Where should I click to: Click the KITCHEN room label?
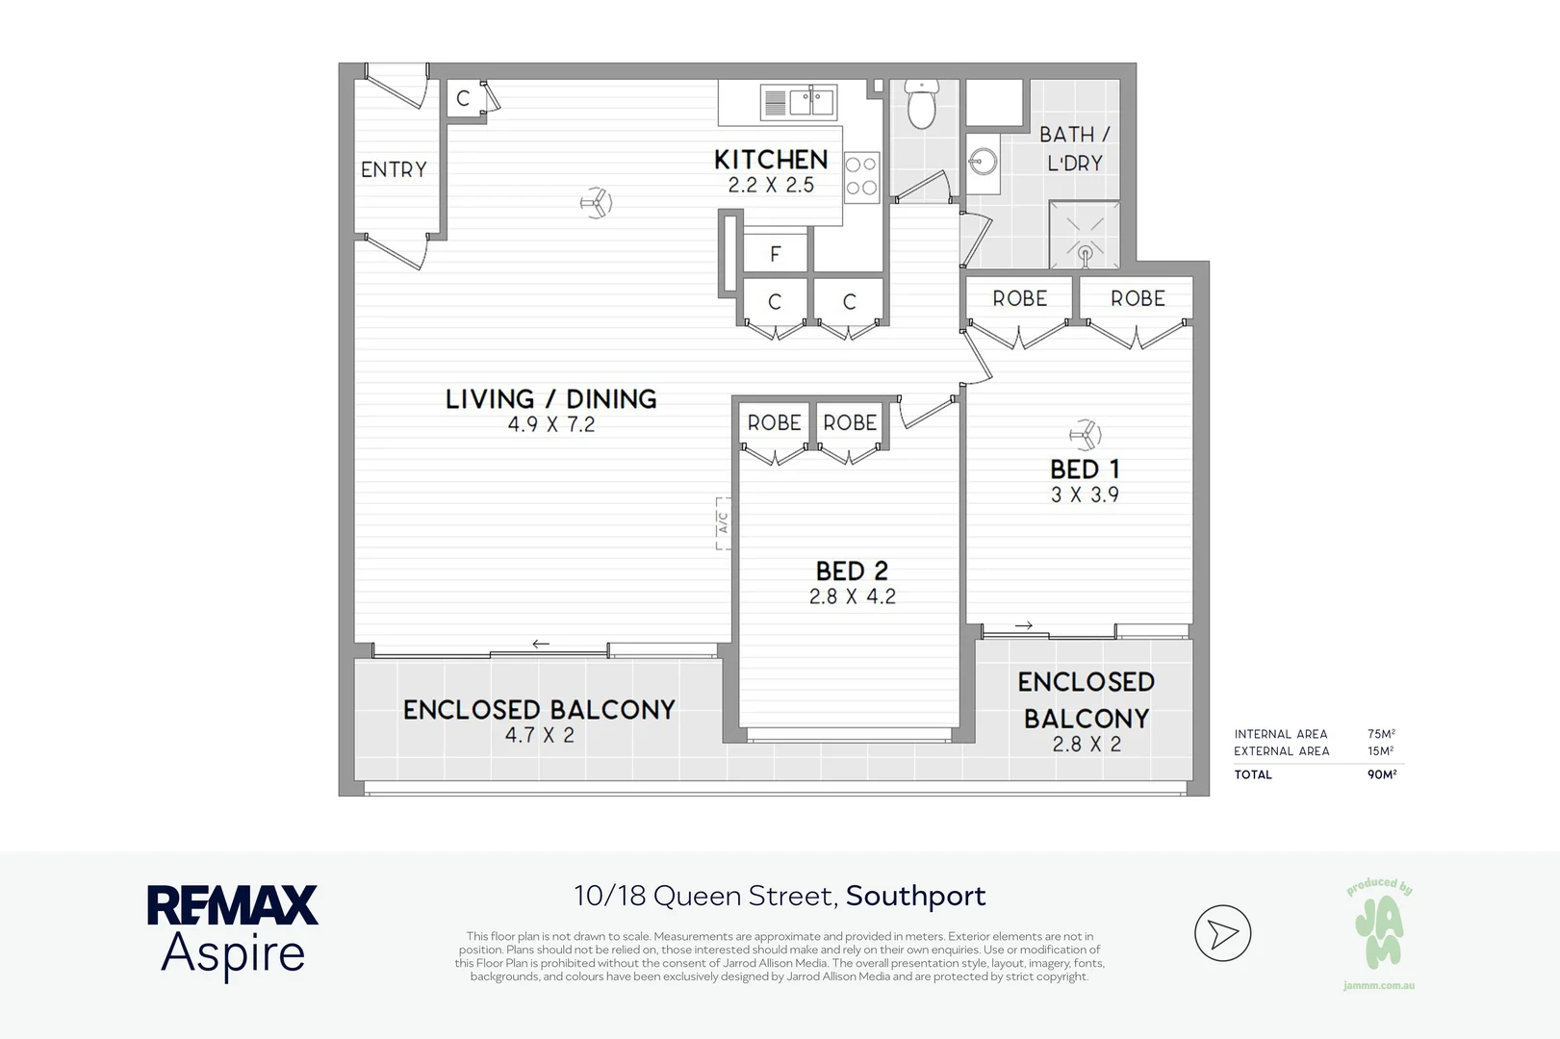[771, 160]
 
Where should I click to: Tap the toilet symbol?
[922, 105]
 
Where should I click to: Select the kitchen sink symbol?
[799, 102]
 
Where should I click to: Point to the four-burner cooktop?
[861, 177]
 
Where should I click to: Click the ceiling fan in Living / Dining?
[596, 203]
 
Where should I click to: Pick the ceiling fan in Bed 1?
[1085, 436]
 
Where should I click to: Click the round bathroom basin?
[983, 163]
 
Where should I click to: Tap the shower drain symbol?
[1085, 254]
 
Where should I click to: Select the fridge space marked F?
[776, 253]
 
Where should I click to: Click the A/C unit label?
[724, 523]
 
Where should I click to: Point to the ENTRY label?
[394, 169]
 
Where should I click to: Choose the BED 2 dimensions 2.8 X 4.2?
[853, 596]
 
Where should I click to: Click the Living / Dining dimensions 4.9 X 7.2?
[551, 425]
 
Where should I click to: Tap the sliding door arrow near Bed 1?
[1024, 625]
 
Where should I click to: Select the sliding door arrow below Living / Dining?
[541, 645]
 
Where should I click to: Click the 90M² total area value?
[1382, 774]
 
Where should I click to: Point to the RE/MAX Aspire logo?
[233, 932]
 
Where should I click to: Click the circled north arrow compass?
[1223, 933]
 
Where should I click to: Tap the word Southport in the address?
[916, 897]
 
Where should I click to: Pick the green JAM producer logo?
[1379, 932]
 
